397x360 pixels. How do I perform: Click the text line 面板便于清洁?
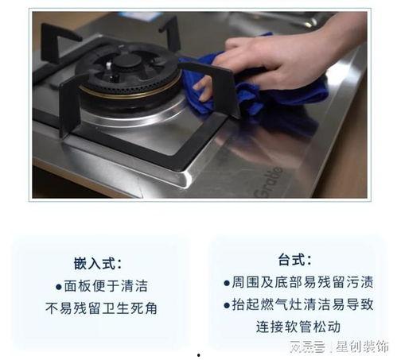(106, 285)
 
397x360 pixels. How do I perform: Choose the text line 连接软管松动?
(298, 326)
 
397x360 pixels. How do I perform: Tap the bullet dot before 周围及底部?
(227, 282)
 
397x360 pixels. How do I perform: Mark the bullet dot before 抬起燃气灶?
(227, 304)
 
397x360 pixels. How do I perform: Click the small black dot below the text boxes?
(198, 355)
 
